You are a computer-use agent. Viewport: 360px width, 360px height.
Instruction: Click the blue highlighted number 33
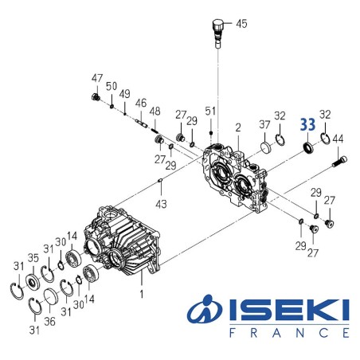tap(307, 125)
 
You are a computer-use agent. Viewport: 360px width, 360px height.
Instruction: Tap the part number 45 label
tap(241, 24)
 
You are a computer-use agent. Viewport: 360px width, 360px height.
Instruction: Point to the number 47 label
tap(97, 78)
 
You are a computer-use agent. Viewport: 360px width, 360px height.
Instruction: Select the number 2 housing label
tap(237, 127)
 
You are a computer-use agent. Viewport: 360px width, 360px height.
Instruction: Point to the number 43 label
tap(162, 205)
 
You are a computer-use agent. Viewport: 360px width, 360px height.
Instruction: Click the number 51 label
tap(210, 110)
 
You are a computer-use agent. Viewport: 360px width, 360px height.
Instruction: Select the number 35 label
tap(33, 257)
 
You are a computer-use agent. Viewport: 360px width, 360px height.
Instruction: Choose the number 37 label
tap(264, 125)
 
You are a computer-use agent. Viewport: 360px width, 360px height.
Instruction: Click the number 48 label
tap(155, 112)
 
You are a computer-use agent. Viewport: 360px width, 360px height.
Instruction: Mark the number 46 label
tap(140, 103)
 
